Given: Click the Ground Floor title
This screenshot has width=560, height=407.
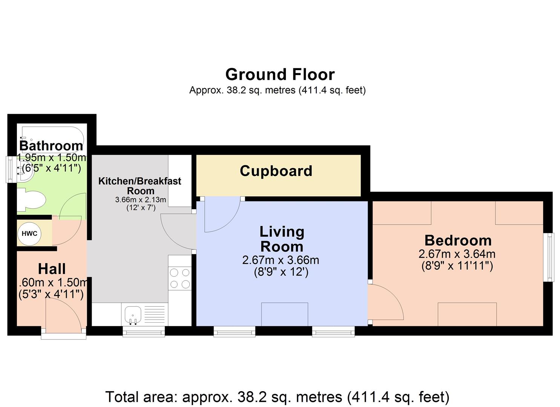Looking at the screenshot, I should [280, 75].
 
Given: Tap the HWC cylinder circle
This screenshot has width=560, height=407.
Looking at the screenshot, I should [29, 234].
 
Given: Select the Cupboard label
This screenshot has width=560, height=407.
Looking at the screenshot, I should [276, 171].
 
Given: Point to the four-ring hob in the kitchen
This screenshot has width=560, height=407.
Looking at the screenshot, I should [180, 278].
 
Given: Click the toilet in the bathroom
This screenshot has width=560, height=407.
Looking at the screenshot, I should [31, 200].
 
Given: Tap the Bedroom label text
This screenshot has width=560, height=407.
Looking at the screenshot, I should [458, 240].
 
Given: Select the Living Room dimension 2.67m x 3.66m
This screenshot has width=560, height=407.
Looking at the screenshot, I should [281, 260].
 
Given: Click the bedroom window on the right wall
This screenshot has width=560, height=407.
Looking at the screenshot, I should [551, 257].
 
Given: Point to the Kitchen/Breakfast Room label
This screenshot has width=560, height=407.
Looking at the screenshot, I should [140, 186].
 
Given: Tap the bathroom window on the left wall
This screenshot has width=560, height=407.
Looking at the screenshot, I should [11, 170].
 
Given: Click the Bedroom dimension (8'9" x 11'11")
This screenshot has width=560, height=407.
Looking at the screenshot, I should [457, 266].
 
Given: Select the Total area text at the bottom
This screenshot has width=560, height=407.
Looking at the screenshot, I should [277, 397].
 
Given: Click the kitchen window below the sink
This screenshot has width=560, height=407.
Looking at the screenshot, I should [144, 332].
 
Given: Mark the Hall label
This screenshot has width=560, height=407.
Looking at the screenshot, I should [52, 269].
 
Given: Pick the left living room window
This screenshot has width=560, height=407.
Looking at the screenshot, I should [235, 331].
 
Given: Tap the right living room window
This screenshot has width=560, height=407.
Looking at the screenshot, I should [333, 331].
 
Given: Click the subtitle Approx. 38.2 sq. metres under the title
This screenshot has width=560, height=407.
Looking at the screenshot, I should [277, 90].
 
